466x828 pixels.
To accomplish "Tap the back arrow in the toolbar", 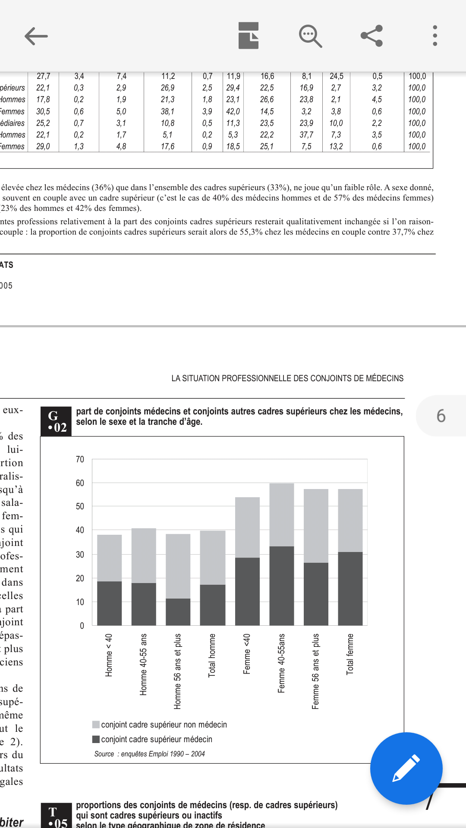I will click(x=36, y=36).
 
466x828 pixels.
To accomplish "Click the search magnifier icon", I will click(x=310, y=36).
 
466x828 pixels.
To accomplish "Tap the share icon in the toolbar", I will click(x=372, y=36).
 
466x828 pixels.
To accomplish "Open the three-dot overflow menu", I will click(x=435, y=36).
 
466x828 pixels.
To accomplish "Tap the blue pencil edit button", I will click(x=406, y=768).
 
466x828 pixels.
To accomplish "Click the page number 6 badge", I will click(x=441, y=416).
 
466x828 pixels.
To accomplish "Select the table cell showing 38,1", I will click(x=167, y=111).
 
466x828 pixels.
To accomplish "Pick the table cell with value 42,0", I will click(x=233, y=111).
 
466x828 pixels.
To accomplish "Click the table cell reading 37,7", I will click(x=306, y=135).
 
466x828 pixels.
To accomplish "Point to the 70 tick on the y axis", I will click(x=80, y=459).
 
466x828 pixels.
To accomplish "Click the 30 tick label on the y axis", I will click(x=80, y=555).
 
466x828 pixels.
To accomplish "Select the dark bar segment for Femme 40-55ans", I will click(x=281, y=586).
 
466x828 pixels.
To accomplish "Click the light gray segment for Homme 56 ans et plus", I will click(x=178, y=566).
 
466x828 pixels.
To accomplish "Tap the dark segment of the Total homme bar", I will click(x=212, y=605).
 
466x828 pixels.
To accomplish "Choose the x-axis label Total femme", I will click(x=350, y=654).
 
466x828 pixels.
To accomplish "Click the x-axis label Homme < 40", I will click(x=109, y=655).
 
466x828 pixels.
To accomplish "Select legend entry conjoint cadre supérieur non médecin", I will click(x=164, y=724).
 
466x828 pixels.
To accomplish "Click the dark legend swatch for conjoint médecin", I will click(x=96, y=739).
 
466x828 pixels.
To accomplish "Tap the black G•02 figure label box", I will click(x=56, y=421).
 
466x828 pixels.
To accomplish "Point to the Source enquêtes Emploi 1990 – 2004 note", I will click(x=149, y=754).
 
